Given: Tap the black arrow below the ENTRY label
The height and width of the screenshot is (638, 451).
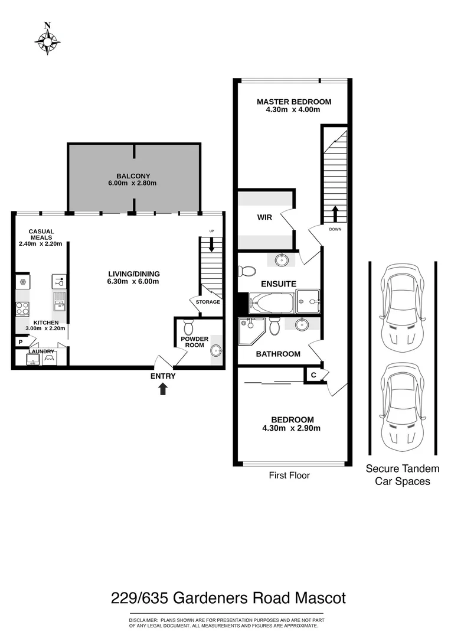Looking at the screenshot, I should (x=163, y=388).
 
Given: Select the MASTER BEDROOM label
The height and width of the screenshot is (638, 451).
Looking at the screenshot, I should (x=293, y=102).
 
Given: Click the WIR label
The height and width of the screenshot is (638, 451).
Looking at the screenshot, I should (x=264, y=217).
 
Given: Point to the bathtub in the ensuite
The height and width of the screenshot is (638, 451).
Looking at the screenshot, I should (x=271, y=304).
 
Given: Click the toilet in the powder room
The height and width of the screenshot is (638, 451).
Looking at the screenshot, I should (x=189, y=327).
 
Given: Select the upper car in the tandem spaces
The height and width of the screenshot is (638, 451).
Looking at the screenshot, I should (x=402, y=307).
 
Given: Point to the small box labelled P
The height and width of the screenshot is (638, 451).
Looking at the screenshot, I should (x=21, y=341).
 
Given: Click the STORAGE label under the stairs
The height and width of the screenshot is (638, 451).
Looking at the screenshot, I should (x=207, y=302).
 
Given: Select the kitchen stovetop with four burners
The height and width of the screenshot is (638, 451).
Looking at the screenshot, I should (x=23, y=307).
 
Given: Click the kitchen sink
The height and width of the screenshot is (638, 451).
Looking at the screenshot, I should (x=59, y=302).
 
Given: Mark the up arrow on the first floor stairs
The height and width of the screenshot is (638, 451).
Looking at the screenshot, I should (x=335, y=212).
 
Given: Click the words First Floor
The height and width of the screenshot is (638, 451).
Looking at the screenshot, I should (x=289, y=474).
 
